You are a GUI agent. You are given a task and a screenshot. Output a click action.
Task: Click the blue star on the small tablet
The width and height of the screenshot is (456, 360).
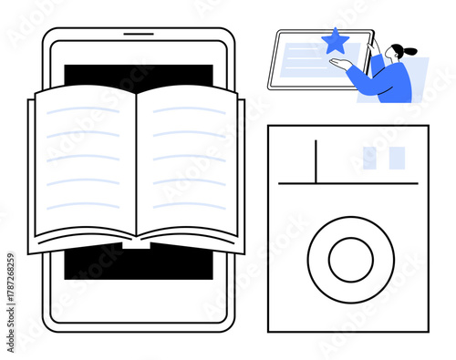coord(337,40)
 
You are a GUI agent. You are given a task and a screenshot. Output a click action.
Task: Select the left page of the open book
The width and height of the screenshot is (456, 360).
coord(83,164)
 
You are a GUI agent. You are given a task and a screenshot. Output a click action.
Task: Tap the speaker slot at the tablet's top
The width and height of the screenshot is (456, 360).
coord(139,35)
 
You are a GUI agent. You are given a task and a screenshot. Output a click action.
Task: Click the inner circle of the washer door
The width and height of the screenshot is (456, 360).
coord(350,260)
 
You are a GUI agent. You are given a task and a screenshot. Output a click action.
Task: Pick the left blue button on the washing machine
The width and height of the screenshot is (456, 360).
coord(369,158)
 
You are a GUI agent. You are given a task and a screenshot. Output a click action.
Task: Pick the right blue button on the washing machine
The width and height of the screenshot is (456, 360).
coord(397,158)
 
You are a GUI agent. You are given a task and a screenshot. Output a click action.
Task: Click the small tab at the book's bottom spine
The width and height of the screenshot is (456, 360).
coord(137,243)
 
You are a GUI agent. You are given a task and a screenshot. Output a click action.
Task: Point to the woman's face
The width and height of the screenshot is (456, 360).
coord(392,56)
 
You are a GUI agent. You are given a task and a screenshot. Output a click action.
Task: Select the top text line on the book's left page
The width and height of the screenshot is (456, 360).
coord(83,111)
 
